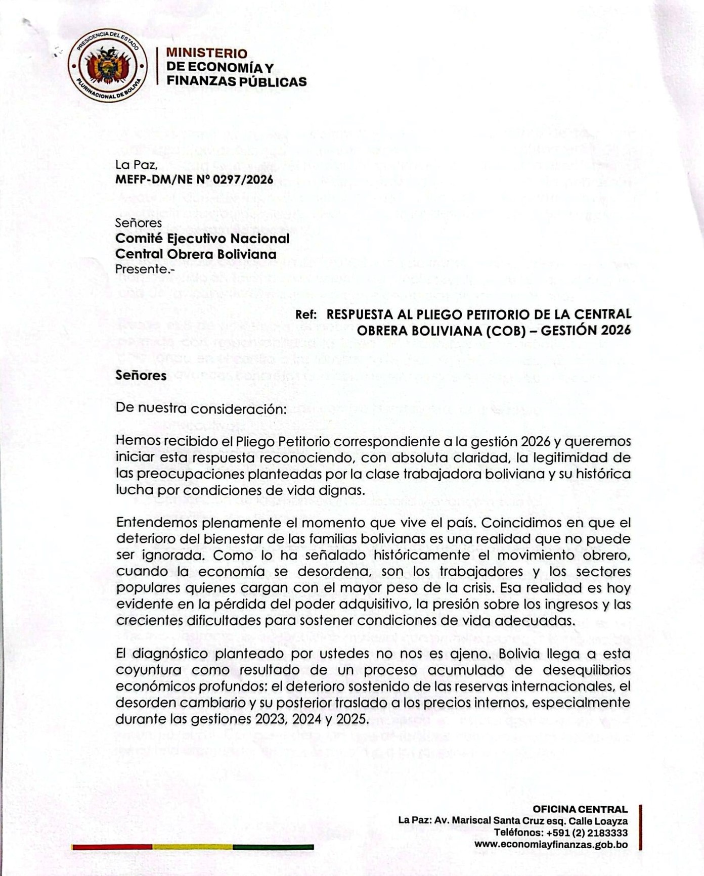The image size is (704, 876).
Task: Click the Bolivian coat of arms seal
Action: (x=108, y=66)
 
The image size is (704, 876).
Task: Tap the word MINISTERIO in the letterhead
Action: (x=207, y=53)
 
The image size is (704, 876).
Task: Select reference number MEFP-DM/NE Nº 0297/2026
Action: (x=194, y=180)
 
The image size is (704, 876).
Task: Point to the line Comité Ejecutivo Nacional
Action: (x=202, y=238)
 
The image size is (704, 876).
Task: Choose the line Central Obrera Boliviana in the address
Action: (x=196, y=254)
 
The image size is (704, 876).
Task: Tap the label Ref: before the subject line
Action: (x=306, y=314)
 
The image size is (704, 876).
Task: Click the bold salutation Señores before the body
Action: (x=141, y=375)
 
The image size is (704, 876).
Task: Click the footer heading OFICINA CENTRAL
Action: (x=580, y=809)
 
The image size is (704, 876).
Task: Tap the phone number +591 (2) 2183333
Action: (x=587, y=833)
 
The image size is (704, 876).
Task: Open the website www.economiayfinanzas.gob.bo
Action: (x=551, y=844)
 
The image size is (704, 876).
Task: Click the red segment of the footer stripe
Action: (x=112, y=847)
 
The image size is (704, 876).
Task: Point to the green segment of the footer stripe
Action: (x=273, y=847)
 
